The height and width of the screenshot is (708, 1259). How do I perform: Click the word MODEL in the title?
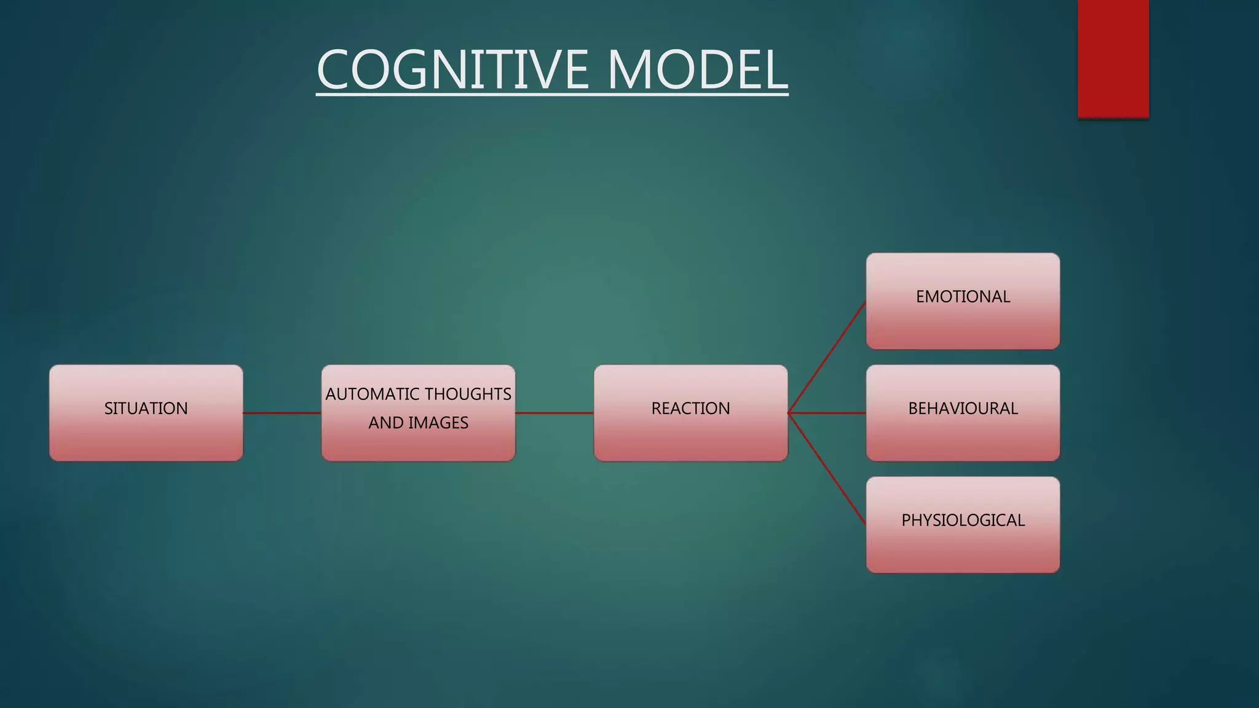pyautogui.click(x=697, y=70)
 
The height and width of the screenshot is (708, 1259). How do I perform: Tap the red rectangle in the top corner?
pyautogui.click(x=1113, y=58)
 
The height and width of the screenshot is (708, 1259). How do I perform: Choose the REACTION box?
pyautogui.click(x=690, y=436)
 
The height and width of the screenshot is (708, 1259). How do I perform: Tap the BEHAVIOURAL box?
pyautogui.click(x=963, y=436)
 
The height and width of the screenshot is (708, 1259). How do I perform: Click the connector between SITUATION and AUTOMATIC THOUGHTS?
pyautogui.click(x=282, y=413)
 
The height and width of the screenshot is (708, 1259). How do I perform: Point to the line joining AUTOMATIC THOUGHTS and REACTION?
pyautogui.click(x=555, y=413)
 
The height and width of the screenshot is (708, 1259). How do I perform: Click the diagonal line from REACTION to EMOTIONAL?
pyautogui.click(x=827, y=358)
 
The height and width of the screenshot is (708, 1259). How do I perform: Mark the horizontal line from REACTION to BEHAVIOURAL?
pyautogui.click(x=827, y=413)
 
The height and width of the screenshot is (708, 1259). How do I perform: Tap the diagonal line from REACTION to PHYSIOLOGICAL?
pyautogui.click(x=827, y=468)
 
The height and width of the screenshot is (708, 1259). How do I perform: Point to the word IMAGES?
pyautogui.click(x=438, y=423)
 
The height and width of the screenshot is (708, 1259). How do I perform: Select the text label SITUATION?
pyautogui.click(x=146, y=408)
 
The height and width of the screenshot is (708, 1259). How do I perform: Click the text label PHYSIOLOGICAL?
pyautogui.click(x=963, y=520)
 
